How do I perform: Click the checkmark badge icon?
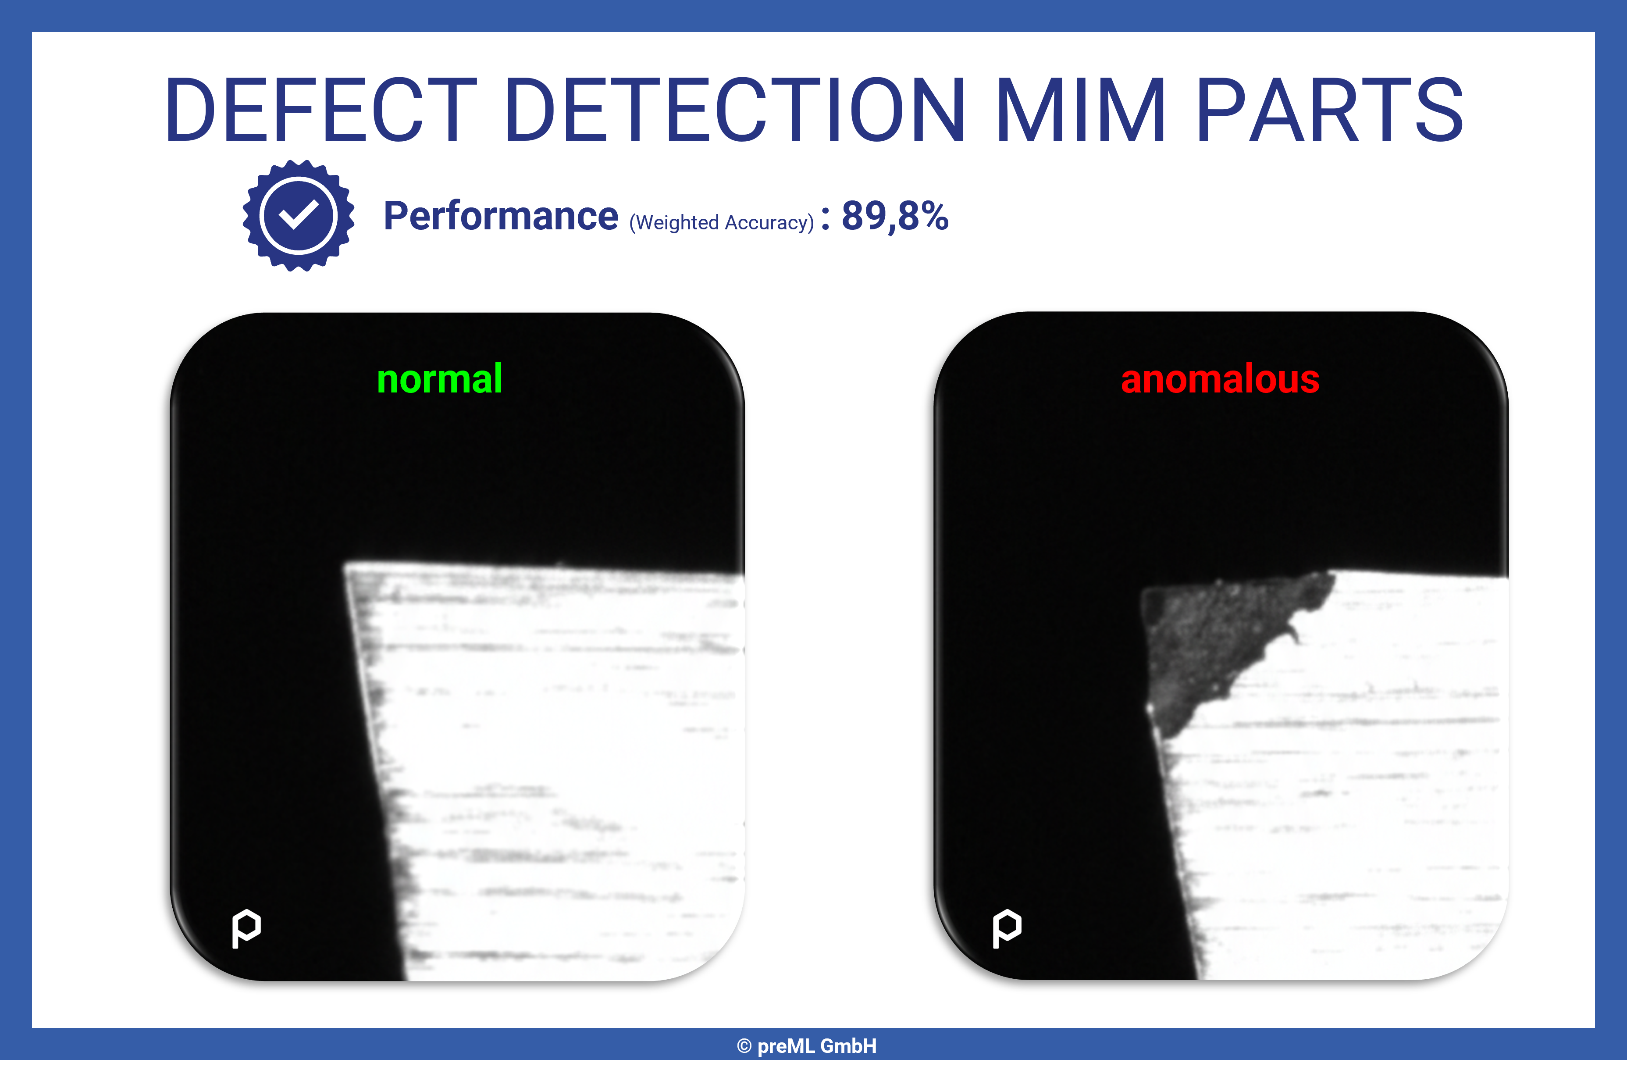click(x=298, y=215)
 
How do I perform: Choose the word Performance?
click(x=500, y=216)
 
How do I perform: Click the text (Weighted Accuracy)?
click(x=721, y=222)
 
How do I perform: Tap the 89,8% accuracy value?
click(x=895, y=216)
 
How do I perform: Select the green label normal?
click(x=440, y=379)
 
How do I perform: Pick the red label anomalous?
click(x=1220, y=379)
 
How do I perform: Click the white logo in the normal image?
click(x=246, y=928)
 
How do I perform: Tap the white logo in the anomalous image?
click(x=1007, y=928)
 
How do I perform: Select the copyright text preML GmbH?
click(x=816, y=1046)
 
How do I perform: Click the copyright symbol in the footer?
click(x=744, y=1046)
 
